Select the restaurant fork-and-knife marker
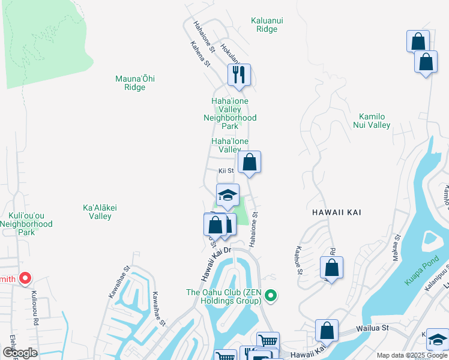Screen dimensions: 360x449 238,75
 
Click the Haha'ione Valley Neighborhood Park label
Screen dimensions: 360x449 230,113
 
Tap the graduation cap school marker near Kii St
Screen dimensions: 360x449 228,195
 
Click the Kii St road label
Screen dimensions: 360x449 226,171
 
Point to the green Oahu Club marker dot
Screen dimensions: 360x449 271,295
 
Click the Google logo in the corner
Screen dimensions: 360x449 20,353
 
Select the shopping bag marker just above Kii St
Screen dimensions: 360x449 249,162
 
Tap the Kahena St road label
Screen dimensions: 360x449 200,53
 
